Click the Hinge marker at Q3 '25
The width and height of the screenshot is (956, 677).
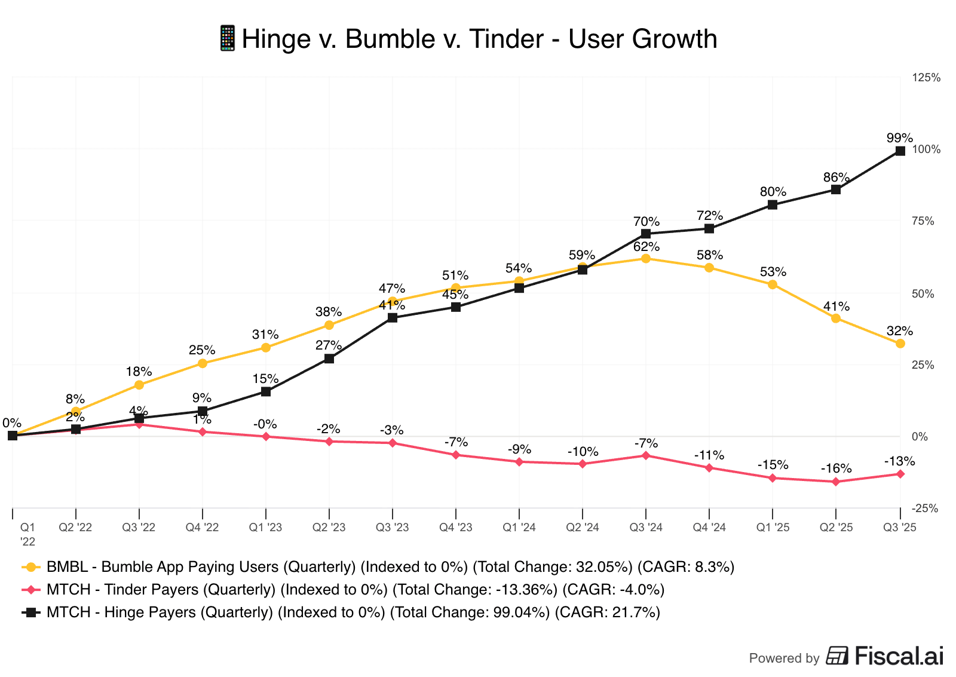900,151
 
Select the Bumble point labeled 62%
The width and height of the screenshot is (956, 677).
646,258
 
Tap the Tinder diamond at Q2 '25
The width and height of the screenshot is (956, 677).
836,482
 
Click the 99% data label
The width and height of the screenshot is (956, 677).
899,138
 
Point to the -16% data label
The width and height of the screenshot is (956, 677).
836,468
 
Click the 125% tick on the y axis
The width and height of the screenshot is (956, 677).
926,78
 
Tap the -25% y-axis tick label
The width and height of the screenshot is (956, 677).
926,508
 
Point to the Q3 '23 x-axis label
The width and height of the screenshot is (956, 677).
392,528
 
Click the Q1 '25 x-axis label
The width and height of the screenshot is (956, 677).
773,528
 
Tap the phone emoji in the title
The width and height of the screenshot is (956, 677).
228,39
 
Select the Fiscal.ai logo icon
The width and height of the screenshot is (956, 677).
837,655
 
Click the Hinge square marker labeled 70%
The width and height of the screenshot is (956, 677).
646,234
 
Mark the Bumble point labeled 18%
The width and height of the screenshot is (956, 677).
139,385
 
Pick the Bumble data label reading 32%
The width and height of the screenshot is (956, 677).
899,331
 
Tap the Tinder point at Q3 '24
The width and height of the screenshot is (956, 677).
646,455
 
